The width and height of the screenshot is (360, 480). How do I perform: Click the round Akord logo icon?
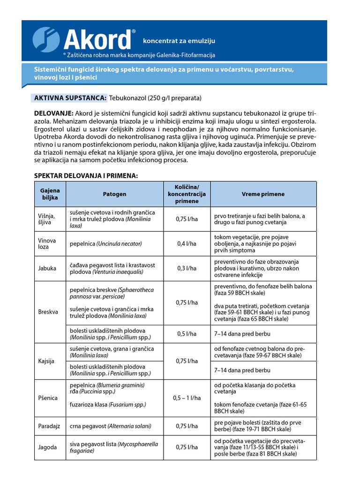coord(46,40)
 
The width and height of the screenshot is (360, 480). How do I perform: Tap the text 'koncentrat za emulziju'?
coord(176,42)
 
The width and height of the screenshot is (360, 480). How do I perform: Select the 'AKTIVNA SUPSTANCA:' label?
coord(70,98)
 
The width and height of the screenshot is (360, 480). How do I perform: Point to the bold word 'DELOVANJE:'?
coord(54,113)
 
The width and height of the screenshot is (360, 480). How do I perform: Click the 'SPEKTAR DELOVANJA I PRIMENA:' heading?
coord(86,175)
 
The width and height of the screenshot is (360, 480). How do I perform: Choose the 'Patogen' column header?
coord(114,194)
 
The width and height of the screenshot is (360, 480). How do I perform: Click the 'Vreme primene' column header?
coord(263,194)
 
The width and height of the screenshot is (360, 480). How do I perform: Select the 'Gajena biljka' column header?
coord(50,194)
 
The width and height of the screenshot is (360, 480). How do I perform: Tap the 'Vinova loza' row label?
coord(47,244)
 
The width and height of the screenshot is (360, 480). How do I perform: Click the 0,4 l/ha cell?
coord(187,244)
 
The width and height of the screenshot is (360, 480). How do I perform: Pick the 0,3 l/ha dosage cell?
coord(187,269)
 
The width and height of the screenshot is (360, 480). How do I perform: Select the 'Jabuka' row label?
coord(47,269)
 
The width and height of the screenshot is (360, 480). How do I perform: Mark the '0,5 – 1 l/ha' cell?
coord(187,398)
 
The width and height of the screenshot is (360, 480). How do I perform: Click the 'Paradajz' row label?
coord(50,426)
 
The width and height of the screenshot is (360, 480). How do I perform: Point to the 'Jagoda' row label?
coord(47,447)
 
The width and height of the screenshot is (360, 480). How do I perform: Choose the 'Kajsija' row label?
coord(47,361)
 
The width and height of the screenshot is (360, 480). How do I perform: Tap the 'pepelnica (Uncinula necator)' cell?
coord(105,244)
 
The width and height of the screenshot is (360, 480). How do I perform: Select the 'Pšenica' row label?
coord(48,398)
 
